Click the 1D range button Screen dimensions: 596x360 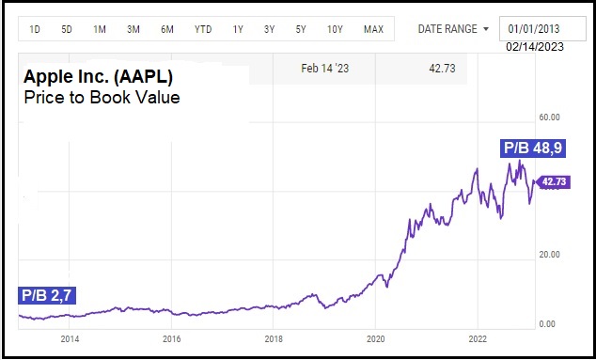(35, 29)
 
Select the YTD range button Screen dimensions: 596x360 (203, 29)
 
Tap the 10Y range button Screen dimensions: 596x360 (335, 29)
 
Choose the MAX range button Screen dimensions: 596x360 (373, 29)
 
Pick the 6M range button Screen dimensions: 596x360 (167, 29)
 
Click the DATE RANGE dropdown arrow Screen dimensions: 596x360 (486, 29)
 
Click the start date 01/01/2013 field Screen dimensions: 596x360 (542, 28)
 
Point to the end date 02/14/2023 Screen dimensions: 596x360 (535, 47)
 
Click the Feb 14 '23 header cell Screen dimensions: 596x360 (324, 69)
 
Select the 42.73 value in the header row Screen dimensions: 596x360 (442, 69)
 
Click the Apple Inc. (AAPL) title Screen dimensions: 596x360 (98, 77)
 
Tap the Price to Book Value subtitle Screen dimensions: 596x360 (102, 98)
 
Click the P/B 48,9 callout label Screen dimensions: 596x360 (533, 148)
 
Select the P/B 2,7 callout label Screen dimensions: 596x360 (47, 295)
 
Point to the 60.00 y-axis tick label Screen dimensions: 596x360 (549, 117)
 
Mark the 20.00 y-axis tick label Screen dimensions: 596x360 (549, 255)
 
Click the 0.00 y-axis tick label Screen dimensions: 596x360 (547, 324)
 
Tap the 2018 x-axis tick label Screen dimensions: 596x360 (274, 338)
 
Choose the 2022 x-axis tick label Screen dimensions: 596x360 (478, 338)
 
